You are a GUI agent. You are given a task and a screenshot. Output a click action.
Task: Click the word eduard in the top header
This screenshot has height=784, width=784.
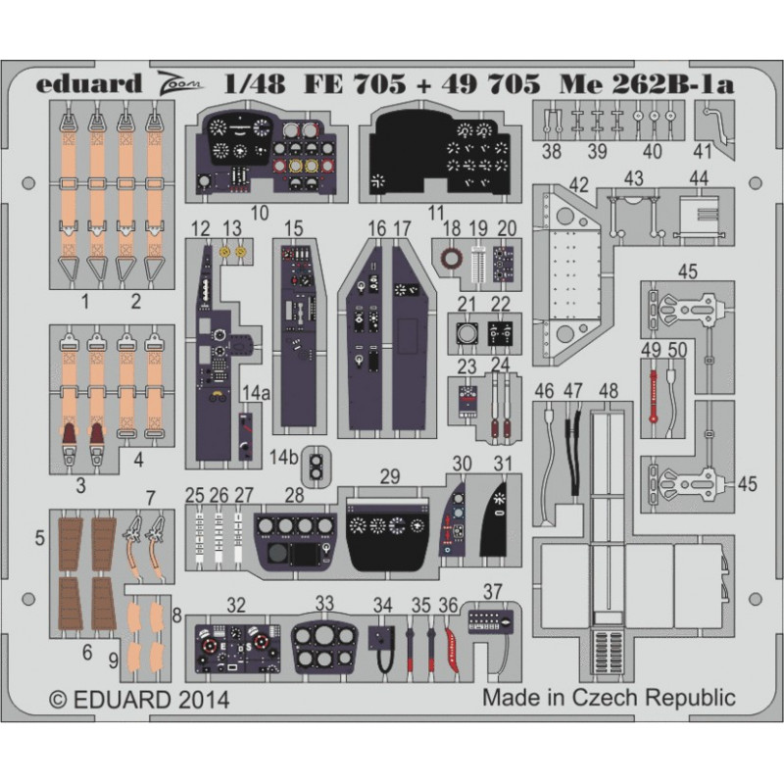pyautogui.click(x=89, y=83)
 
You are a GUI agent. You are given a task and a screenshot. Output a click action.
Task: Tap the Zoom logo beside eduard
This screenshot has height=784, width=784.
pyautogui.click(x=180, y=83)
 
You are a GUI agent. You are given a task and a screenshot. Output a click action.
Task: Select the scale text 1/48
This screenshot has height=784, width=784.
pyautogui.click(x=255, y=84)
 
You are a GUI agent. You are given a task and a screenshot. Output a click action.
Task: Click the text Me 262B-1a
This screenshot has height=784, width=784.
pyautogui.click(x=647, y=84)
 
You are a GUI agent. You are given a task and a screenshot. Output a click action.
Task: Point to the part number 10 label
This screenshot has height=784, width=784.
pyautogui.click(x=259, y=214)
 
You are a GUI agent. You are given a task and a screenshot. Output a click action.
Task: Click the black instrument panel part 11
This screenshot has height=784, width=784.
pyautogui.click(x=441, y=152)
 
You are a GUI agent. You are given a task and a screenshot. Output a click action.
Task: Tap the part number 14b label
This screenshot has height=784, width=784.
pyautogui.click(x=283, y=457)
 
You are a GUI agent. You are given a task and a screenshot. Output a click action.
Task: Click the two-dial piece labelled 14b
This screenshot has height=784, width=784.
pyautogui.click(x=316, y=465)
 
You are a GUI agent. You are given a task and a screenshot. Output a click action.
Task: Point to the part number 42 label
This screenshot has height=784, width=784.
pyautogui.click(x=579, y=185)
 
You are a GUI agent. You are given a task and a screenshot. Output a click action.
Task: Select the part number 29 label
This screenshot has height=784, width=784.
pyautogui.click(x=389, y=476)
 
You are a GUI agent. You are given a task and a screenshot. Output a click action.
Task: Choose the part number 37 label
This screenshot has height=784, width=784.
pyautogui.click(x=493, y=592)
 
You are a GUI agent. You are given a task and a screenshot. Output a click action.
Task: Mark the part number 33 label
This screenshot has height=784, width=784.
pyautogui.click(x=324, y=603)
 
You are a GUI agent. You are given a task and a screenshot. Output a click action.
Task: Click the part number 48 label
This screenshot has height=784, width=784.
pyautogui.click(x=608, y=390)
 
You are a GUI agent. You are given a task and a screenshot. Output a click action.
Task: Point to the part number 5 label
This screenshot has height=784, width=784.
pyautogui.click(x=40, y=538)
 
